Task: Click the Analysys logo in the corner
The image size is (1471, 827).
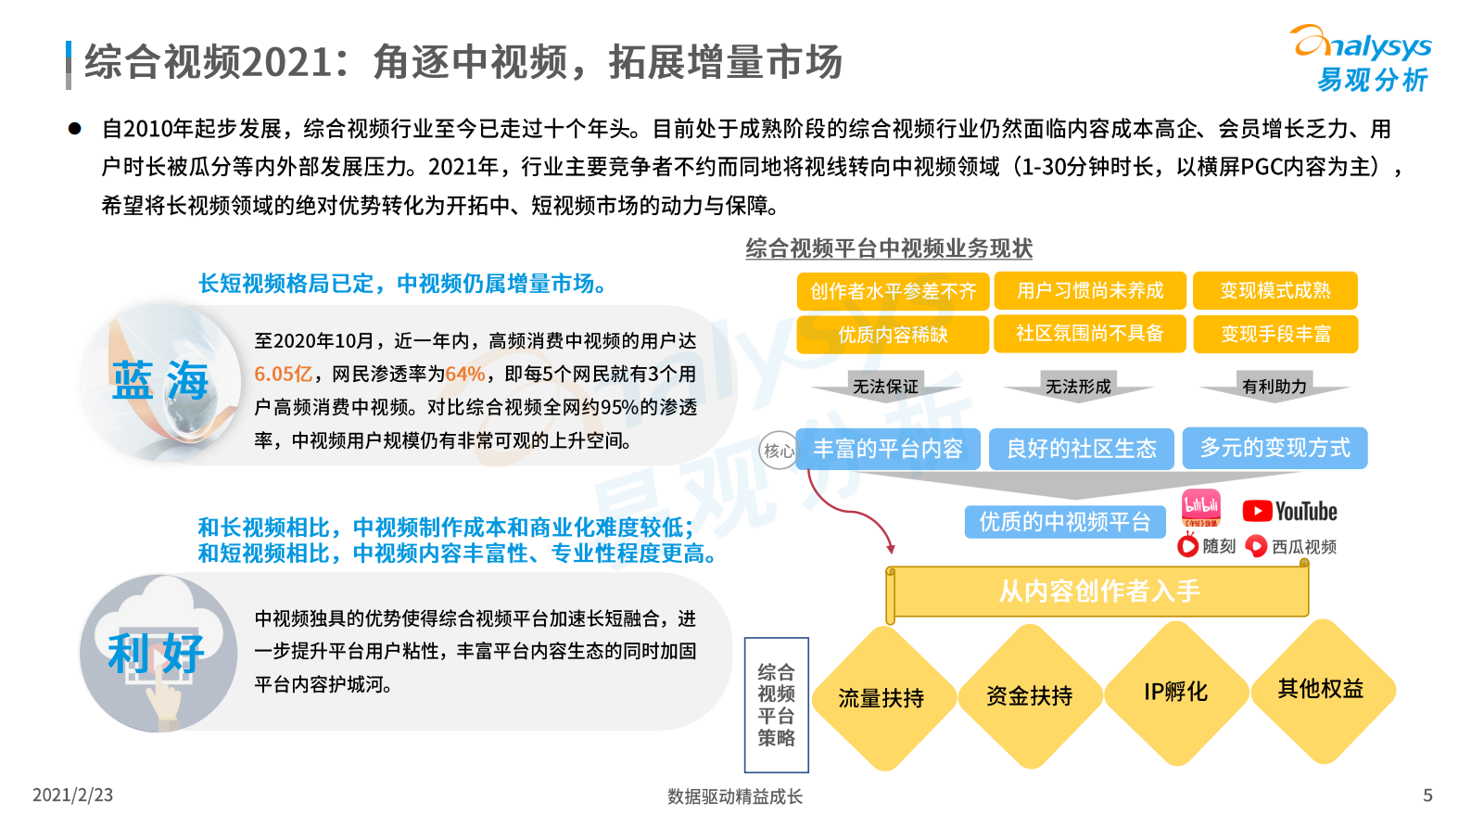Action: coord(1363,57)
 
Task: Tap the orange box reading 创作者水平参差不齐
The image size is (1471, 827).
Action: coord(893,291)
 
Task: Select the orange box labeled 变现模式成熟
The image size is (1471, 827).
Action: coord(1274,290)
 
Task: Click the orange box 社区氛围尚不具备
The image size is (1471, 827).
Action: coord(1089,334)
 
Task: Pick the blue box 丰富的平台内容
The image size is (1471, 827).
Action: coord(888,449)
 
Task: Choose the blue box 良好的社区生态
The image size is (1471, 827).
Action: coord(1082,449)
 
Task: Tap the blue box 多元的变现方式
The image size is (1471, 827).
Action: coord(1274,448)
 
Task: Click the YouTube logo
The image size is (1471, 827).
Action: coord(1289,511)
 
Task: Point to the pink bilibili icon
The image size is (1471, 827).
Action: coord(1201,508)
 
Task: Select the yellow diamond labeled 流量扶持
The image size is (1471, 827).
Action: coord(881,698)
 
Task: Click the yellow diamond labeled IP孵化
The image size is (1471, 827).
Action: coord(1175,692)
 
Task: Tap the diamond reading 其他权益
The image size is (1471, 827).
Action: coord(1321,689)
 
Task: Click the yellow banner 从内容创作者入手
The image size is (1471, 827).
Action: coord(1098,592)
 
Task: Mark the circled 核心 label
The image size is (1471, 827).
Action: coord(778,451)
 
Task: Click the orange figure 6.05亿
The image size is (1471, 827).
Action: coord(283,375)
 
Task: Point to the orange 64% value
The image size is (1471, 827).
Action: coord(465,375)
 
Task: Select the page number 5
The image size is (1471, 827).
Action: coord(1427,795)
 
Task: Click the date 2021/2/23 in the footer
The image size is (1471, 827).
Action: coord(72,795)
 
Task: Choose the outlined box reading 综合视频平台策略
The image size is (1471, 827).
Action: coord(777,705)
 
